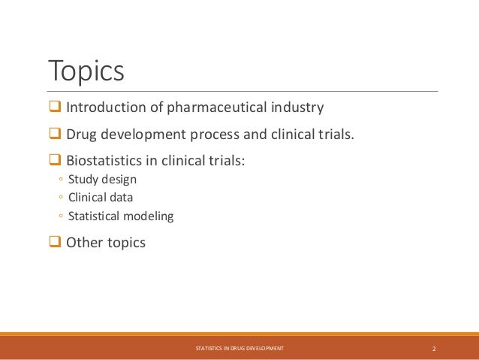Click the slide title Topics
pos(86,71)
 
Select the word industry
pos(298,107)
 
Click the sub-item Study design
pos(102,180)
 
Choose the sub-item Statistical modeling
pos(120,216)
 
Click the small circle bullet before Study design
pos(59,180)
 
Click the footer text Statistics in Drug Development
pos(239,349)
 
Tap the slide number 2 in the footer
pos(435,349)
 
